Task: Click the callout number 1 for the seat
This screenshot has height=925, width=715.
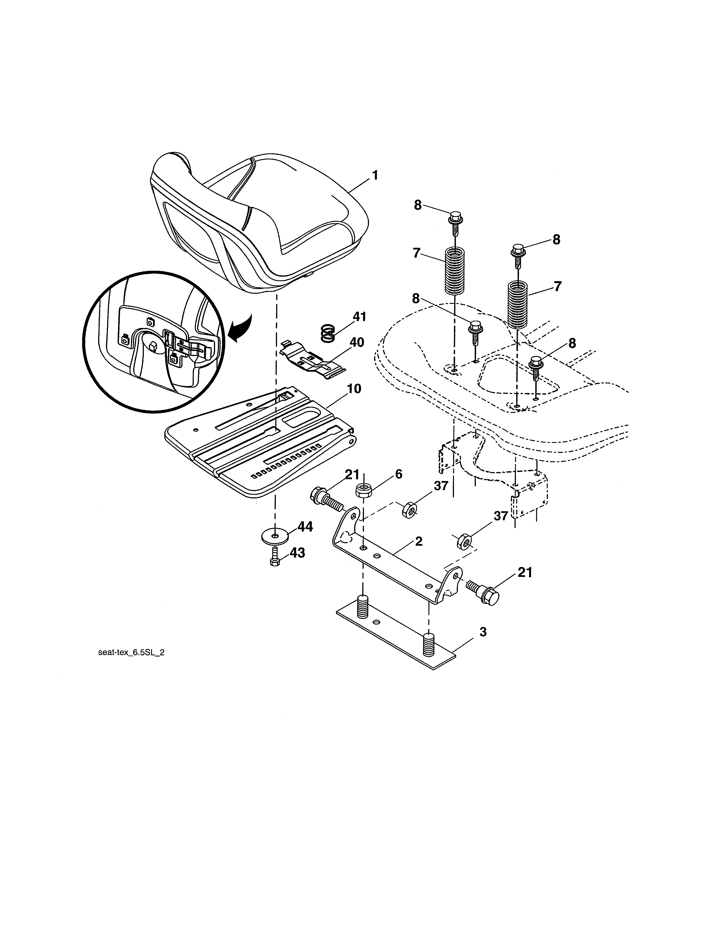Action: pyautogui.click(x=374, y=175)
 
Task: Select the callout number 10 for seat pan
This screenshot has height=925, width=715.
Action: pyautogui.click(x=353, y=389)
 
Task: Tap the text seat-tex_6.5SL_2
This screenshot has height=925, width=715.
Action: pyautogui.click(x=131, y=653)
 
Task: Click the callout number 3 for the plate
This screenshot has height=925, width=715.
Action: pyautogui.click(x=483, y=632)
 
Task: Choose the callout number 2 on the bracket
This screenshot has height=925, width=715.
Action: pyautogui.click(x=419, y=541)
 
